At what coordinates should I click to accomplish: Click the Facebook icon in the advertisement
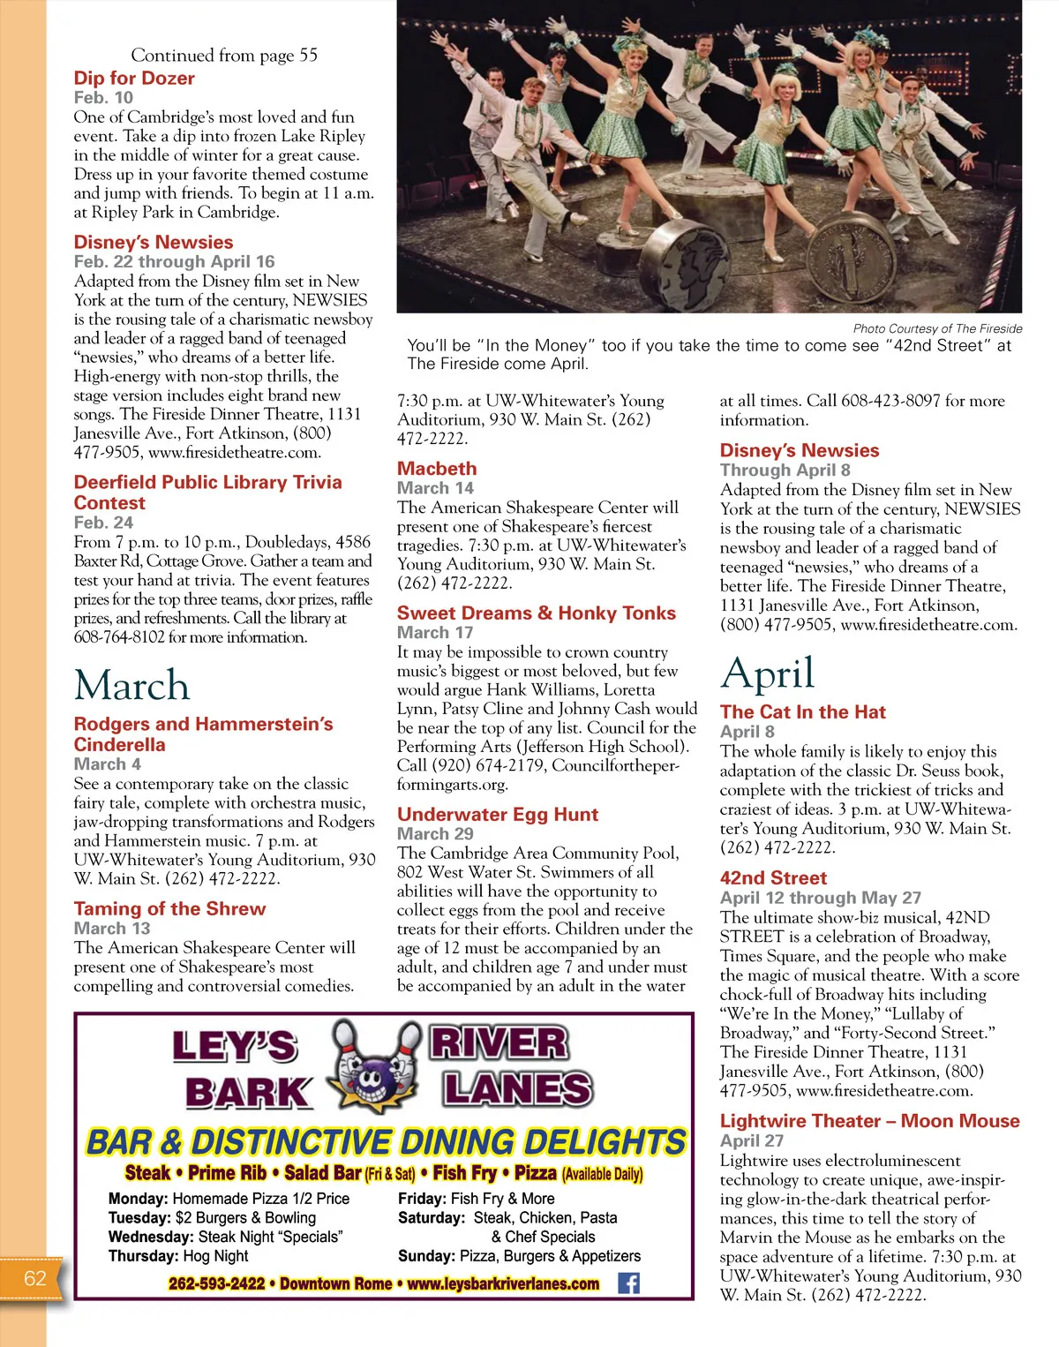[x=628, y=1283]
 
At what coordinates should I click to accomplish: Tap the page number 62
[x=35, y=1278]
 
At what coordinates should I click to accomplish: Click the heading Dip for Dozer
[x=134, y=79]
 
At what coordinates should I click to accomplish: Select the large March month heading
[x=132, y=686]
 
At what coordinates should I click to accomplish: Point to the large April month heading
[x=767, y=674]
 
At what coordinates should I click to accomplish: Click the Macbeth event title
[x=437, y=469]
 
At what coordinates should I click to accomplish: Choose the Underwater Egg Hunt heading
[x=498, y=815]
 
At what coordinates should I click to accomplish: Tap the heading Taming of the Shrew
[x=169, y=909]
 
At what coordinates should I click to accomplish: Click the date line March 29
[x=435, y=834]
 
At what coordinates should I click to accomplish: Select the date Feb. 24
[x=103, y=523]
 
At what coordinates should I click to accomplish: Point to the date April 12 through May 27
[x=821, y=898]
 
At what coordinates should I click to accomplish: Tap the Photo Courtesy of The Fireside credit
[x=937, y=328]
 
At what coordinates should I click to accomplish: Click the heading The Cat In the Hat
[x=803, y=712]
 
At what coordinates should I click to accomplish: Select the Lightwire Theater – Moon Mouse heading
[x=870, y=1121]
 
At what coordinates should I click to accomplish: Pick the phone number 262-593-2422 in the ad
[x=216, y=1283]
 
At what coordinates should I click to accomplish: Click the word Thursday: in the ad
[x=143, y=1256]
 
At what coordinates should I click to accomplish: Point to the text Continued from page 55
[x=224, y=56]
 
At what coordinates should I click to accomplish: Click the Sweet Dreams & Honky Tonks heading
[x=537, y=613]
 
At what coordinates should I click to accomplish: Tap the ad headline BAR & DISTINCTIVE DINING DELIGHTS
[x=385, y=1142]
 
